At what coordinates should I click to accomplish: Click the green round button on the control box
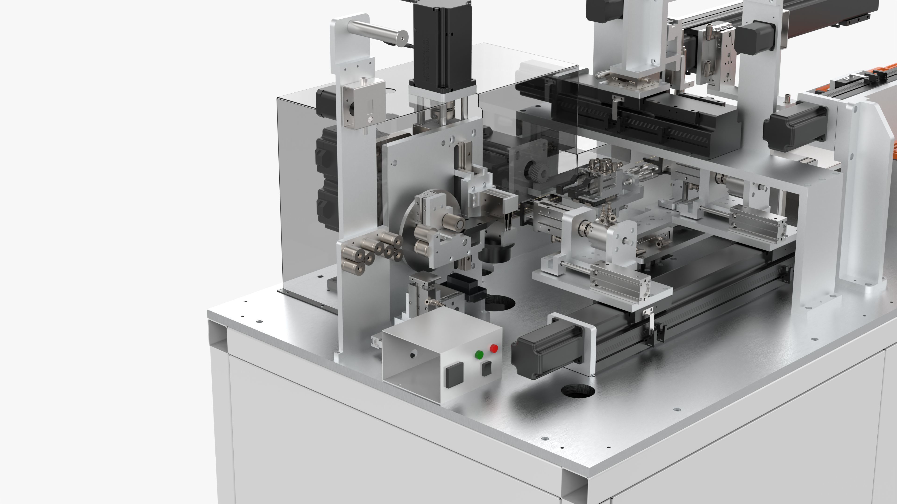pyautogui.click(x=479, y=355)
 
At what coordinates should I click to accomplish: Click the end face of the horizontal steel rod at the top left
pyautogui.click(x=403, y=36)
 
